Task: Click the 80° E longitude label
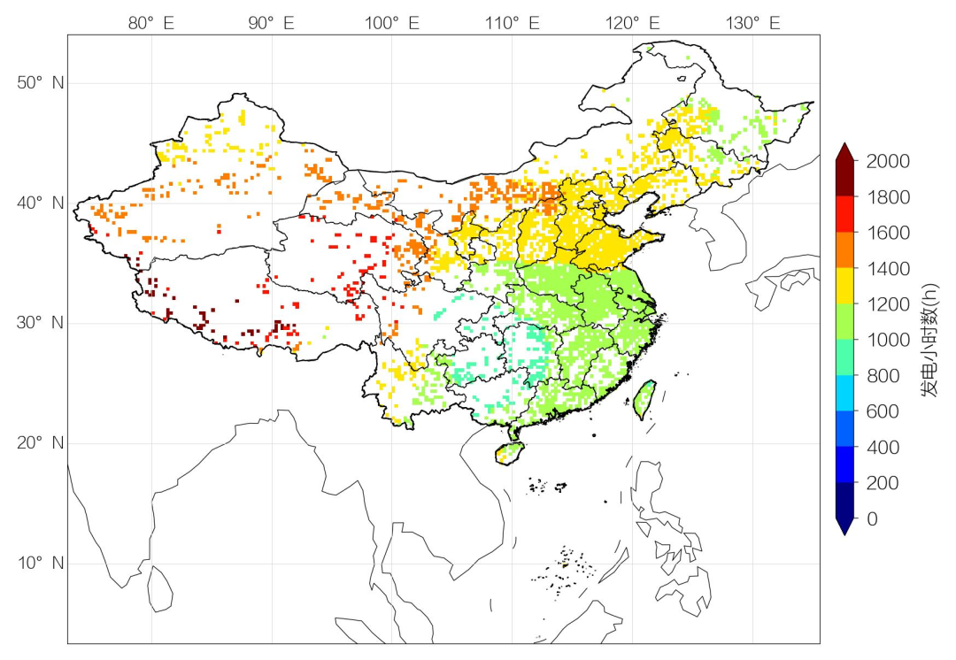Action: coord(151,24)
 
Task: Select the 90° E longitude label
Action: coord(271,24)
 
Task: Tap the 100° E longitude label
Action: coord(391,24)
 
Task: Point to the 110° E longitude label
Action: coord(512,24)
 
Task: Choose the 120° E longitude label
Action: coord(632,24)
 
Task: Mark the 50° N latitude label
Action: coord(41,83)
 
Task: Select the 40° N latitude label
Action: coord(41,203)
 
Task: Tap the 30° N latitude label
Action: coord(41,323)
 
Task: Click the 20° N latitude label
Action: coord(41,443)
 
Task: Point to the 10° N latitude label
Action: coord(41,564)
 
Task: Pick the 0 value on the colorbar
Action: coord(872,519)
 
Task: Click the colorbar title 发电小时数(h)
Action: coord(930,340)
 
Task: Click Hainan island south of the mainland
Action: coord(507,452)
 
